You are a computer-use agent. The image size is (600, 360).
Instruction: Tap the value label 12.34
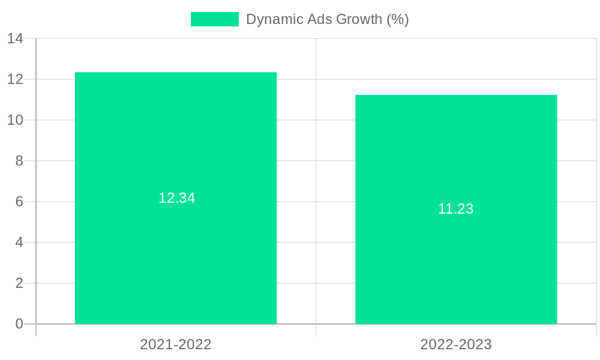tap(177, 198)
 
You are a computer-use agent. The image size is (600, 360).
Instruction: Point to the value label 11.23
tap(456, 209)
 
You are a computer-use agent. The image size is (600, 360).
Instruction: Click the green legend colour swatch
tap(214, 19)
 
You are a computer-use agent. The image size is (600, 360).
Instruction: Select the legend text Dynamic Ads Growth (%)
tap(328, 19)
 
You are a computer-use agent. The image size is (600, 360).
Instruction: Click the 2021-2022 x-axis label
tap(176, 344)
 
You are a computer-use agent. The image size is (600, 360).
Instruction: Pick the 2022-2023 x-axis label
tap(456, 344)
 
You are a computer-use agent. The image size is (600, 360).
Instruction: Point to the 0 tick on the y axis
tap(19, 324)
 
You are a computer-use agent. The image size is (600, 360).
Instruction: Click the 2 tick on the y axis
tap(19, 283)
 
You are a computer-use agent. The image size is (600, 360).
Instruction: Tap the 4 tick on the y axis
tap(19, 242)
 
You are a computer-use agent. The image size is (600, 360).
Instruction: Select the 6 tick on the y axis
tap(19, 202)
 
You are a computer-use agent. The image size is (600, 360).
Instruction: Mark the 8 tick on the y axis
tap(19, 161)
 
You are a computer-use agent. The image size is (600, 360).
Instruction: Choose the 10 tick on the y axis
tap(16, 120)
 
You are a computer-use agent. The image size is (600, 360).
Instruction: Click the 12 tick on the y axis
tap(16, 79)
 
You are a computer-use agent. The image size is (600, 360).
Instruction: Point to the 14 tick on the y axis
tap(16, 38)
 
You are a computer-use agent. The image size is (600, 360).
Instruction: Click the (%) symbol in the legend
tap(398, 19)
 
